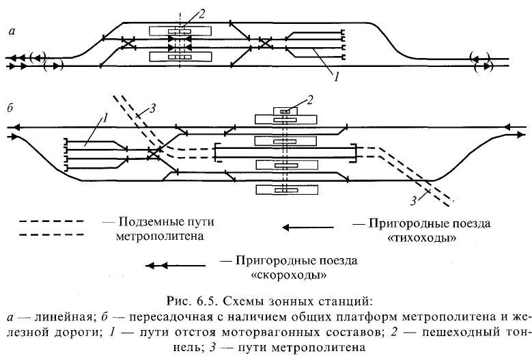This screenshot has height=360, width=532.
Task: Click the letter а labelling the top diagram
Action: point(12,31)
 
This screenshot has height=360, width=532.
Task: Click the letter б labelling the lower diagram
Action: point(10,109)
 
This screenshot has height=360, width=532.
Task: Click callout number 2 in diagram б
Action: point(309,100)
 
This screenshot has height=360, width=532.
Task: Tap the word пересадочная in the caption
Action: point(156,316)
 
